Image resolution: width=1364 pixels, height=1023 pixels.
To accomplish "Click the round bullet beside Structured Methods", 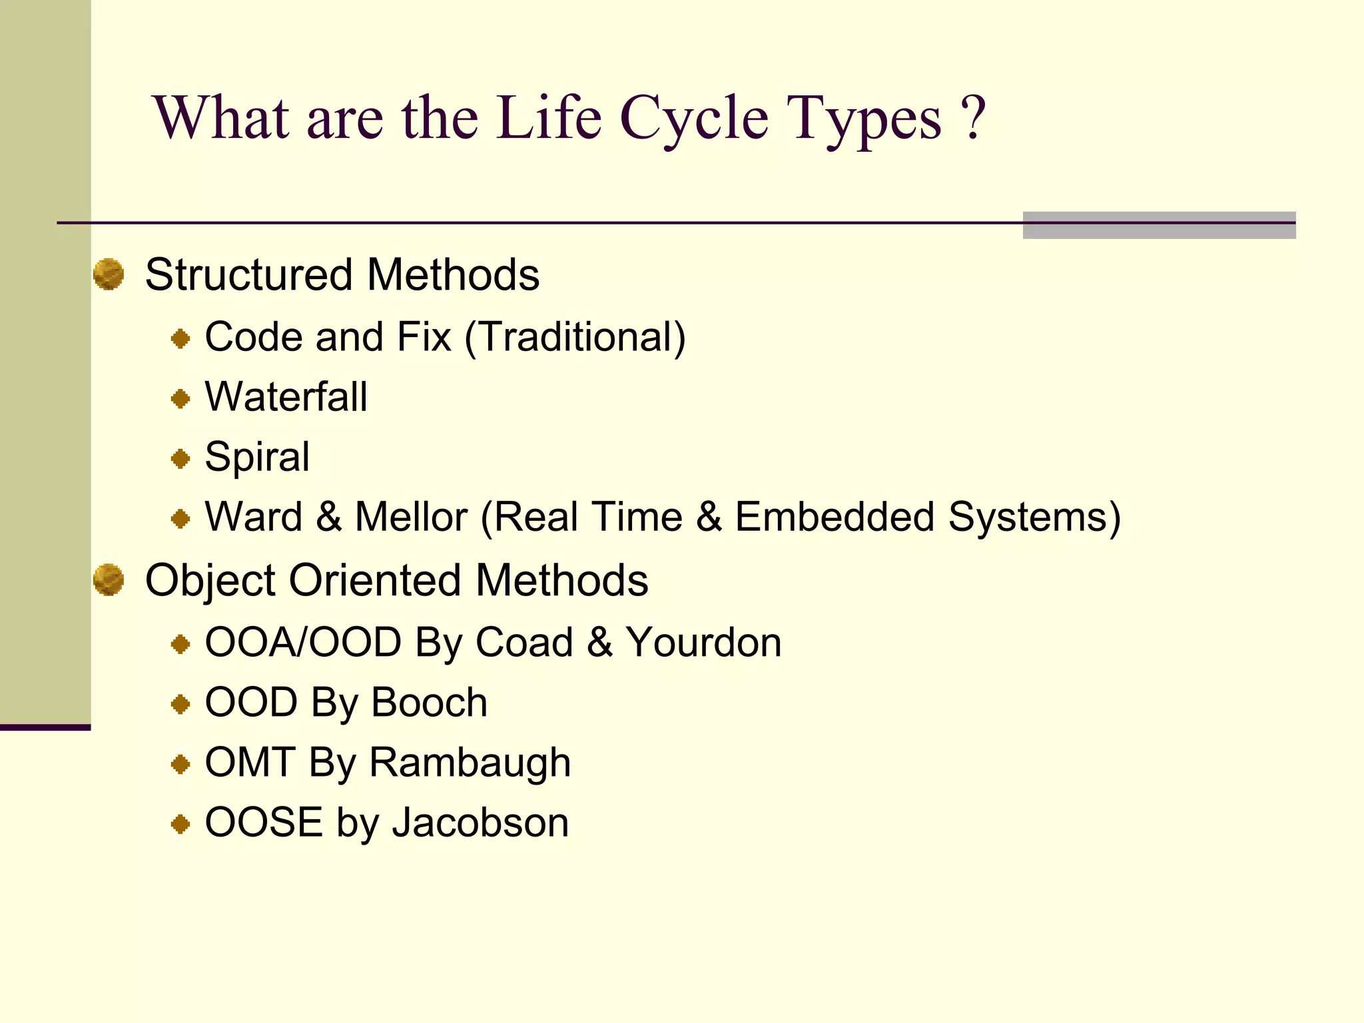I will (x=109, y=274).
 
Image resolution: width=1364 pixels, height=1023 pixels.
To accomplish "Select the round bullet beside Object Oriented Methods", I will (x=109, y=579).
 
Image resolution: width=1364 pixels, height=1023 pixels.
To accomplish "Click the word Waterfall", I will (x=286, y=397).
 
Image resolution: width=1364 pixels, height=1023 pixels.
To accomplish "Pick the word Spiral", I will (x=257, y=457).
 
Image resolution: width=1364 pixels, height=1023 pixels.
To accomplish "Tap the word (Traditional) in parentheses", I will (x=575, y=337).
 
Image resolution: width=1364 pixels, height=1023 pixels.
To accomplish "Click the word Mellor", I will (x=411, y=517).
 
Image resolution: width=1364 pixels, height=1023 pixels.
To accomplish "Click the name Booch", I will (x=429, y=703).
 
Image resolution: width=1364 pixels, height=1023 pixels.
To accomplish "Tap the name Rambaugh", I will (x=470, y=763).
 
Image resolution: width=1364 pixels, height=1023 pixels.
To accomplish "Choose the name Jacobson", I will (x=480, y=823).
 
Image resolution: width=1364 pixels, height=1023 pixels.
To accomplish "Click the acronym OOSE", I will (x=264, y=823).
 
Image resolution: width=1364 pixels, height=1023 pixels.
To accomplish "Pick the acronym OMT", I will (x=250, y=763).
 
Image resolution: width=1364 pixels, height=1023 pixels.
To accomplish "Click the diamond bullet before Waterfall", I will (x=180, y=399).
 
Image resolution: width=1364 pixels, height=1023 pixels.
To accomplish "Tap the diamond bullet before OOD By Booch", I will (x=180, y=704).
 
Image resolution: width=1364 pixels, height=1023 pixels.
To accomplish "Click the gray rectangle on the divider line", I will (x=1159, y=225).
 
